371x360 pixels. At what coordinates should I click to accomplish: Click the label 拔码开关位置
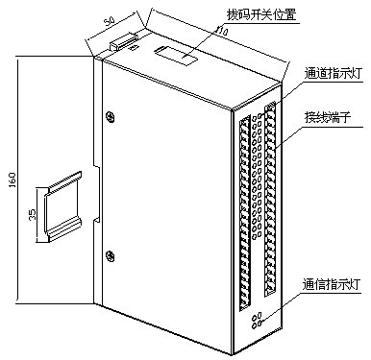coord(261,14)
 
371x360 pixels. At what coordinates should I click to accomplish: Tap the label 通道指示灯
coord(333,74)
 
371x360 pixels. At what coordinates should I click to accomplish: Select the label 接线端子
coord(328,118)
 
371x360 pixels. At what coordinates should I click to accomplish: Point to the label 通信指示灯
coord(332,284)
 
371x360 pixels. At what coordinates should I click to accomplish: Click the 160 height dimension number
coord(12,180)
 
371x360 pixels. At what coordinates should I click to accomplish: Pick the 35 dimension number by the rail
coord(32,214)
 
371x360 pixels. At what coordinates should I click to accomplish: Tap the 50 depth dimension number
coord(110,21)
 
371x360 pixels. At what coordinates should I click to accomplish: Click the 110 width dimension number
coord(221,31)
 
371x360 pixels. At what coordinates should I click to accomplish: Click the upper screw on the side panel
coord(110,117)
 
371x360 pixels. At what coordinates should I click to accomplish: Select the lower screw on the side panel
coord(110,255)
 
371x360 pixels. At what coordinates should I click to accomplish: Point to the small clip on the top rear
coord(123,42)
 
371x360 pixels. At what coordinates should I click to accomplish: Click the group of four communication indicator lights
coord(258,321)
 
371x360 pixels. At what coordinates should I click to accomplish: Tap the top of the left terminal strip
coord(245,120)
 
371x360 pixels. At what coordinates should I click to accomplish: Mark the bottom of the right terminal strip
coord(269,290)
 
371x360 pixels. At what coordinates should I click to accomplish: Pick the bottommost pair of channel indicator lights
coord(257,235)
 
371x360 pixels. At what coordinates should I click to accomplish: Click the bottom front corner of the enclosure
coord(232,354)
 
